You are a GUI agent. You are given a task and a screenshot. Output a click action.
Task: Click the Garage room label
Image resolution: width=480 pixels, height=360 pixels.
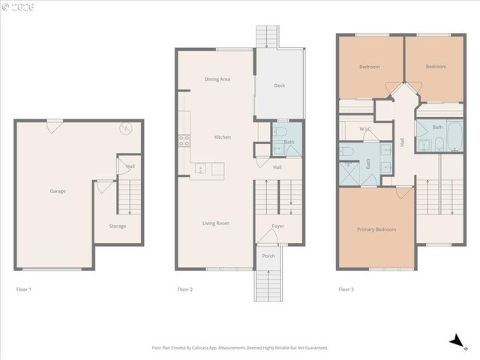tap(58, 191)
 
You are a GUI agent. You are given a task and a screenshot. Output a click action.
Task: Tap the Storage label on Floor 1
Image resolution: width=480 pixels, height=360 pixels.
tap(117, 226)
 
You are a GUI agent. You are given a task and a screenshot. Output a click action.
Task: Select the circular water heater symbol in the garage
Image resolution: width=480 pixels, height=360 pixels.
tap(127, 127)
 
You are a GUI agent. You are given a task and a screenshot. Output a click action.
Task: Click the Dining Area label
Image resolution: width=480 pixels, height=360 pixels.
tap(217, 79)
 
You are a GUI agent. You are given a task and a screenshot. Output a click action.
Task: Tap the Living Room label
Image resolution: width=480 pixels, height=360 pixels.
tap(215, 223)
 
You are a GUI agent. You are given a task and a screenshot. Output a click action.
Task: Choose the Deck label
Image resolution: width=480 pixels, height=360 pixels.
tap(279, 85)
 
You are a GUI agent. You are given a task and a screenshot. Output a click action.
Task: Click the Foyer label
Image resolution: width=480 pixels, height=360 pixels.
tap(277, 226)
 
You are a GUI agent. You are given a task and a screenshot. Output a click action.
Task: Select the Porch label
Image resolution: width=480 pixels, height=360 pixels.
tap(268, 256)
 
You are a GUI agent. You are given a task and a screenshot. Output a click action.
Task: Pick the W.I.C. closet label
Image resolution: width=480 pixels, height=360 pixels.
tap(366, 129)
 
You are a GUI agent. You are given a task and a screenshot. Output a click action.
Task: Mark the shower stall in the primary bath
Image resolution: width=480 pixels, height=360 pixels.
tap(349, 174)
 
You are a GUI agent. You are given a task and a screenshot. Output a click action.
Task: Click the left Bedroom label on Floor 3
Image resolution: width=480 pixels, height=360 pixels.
tap(369, 67)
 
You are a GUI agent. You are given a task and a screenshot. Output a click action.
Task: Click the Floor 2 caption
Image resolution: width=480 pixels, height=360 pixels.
tap(185, 289)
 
